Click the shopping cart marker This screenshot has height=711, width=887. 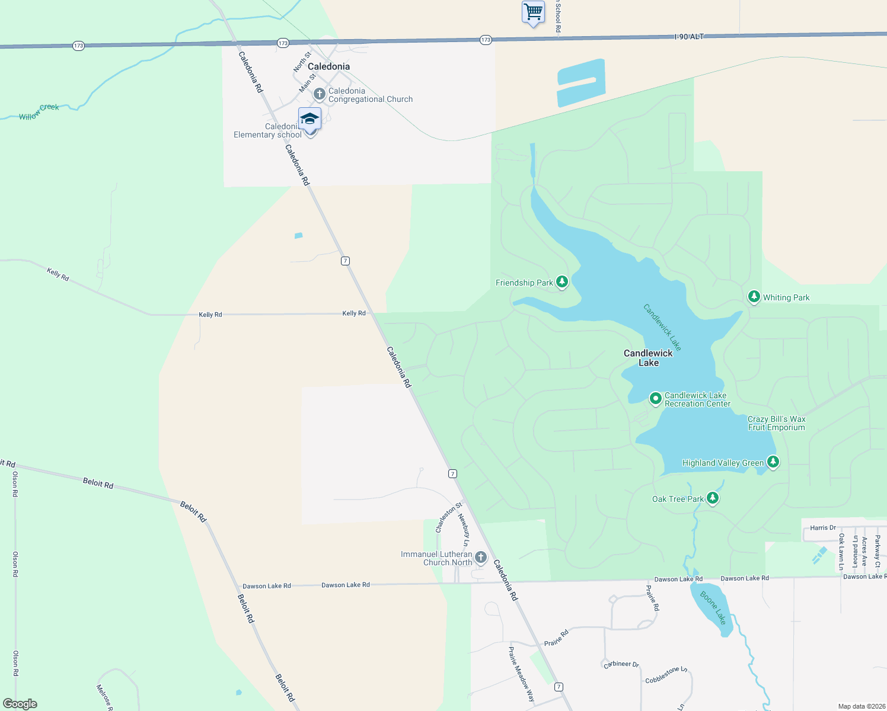point(533,11)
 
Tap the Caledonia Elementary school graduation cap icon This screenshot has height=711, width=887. point(310,119)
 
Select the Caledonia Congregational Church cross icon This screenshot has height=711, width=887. point(320,94)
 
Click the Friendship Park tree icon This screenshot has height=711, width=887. point(562,282)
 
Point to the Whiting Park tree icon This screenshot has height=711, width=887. point(754,296)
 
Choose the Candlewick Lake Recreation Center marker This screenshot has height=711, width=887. point(655,399)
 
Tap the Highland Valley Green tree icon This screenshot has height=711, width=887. point(773,462)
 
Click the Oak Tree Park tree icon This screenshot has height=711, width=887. point(713,498)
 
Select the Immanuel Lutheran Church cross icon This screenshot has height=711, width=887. point(481,558)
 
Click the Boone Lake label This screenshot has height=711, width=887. point(713,607)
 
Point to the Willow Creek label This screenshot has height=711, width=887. point(39,112)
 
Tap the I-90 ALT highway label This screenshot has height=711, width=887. point(689,37)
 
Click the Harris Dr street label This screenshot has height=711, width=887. point(823,527)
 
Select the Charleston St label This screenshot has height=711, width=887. point(448,518)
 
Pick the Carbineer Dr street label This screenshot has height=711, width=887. point(621,664)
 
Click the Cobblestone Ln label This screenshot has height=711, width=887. point(666,675)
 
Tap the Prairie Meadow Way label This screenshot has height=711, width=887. point(521,674)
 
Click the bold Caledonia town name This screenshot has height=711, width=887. point(328,66)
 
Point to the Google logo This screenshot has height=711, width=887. point(20,704)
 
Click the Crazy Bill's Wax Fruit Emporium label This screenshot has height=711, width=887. point(776,423)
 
